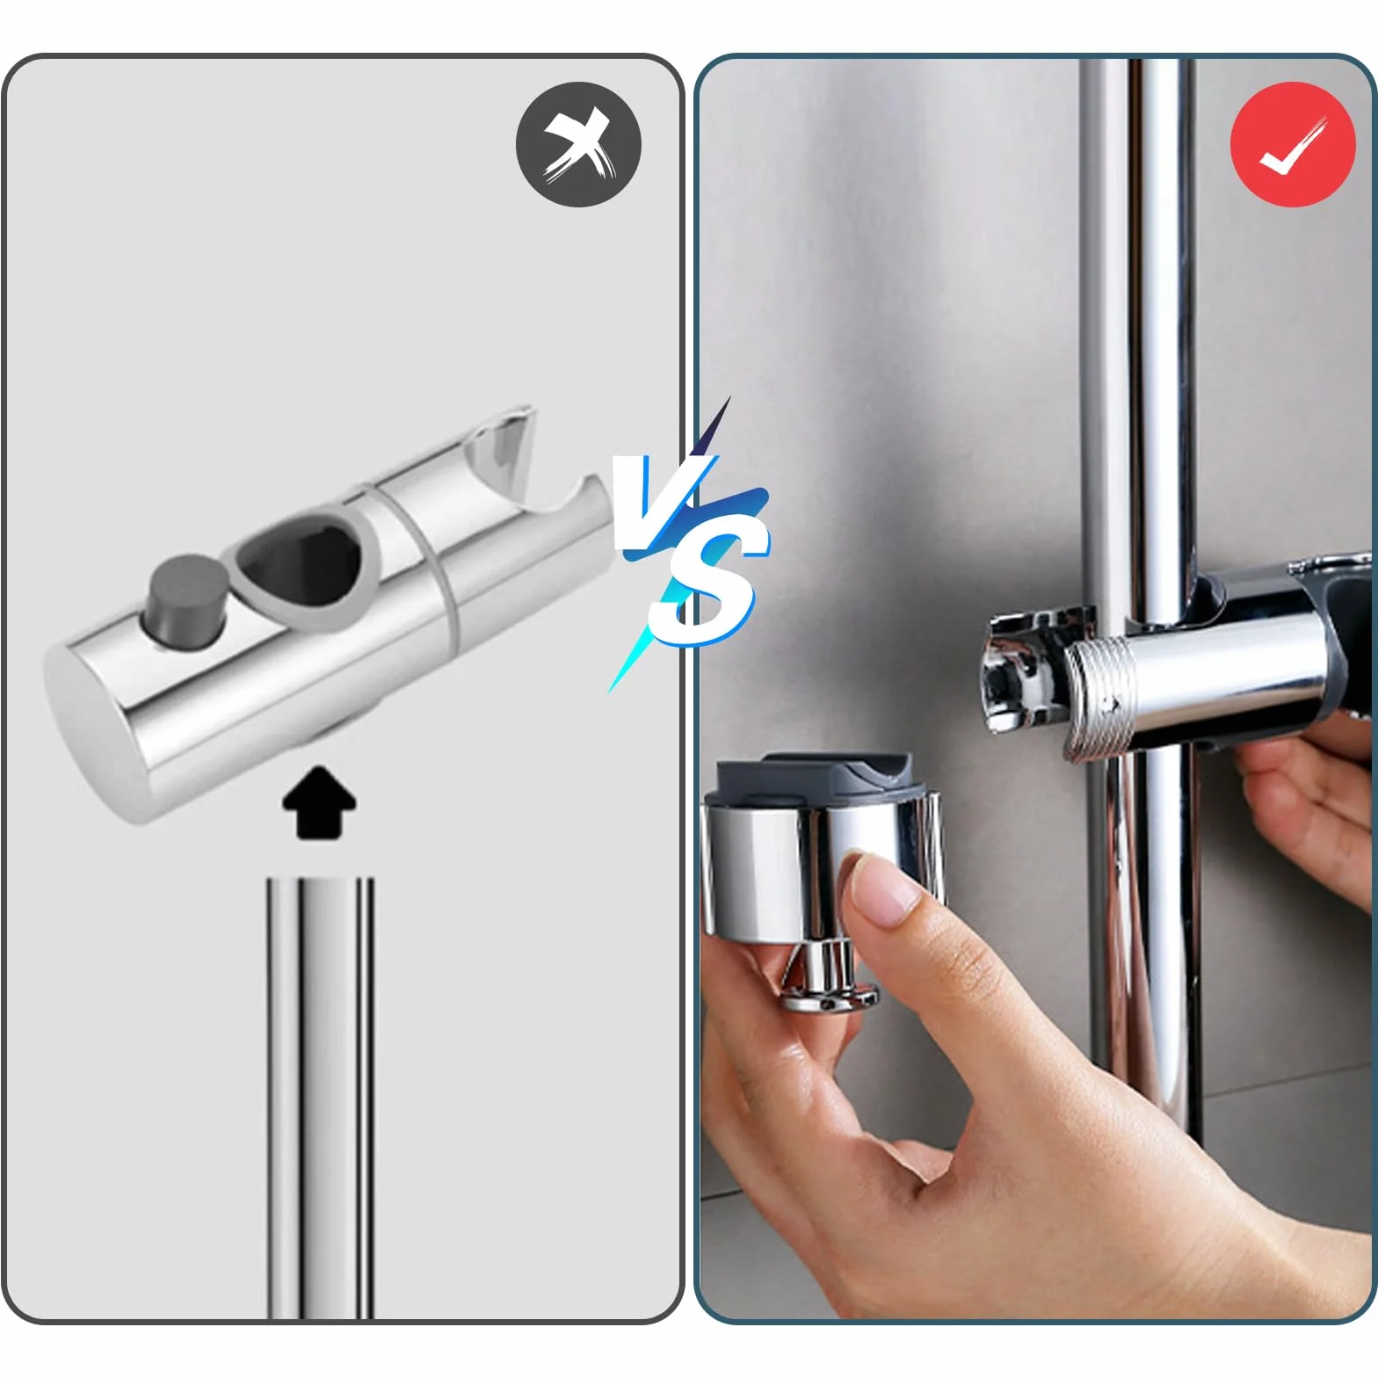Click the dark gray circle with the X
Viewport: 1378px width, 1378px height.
click(578, 144)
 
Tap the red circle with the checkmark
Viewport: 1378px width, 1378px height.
click(1293, 144)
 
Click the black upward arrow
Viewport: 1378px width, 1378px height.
click(319, 801)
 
